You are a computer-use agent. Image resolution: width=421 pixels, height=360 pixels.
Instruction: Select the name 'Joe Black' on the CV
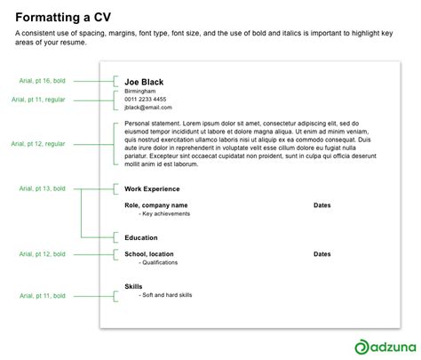click(x=144, y=82)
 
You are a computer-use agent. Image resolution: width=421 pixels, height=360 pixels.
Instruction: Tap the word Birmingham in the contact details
click(x=140, y=92)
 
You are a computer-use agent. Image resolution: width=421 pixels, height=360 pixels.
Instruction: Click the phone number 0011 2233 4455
click(x=145, y=100)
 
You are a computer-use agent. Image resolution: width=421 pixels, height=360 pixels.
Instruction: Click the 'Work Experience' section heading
click(x=152, y=189)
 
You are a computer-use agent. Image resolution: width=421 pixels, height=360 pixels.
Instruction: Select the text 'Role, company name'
click(x=159, y=205)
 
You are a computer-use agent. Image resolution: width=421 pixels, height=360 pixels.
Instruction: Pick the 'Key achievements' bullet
click(x=166, y=214)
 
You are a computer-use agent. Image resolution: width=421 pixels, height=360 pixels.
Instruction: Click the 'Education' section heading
click(x=141, y=238)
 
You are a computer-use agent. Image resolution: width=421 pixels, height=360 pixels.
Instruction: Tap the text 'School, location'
click(x=155, y=254)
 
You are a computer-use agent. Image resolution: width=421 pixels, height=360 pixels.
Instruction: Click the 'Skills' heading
click(x=134, y=286)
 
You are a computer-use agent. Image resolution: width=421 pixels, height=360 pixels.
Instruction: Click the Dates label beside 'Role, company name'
click(x=322, y=205)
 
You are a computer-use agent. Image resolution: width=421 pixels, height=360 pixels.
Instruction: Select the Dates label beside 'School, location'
click(x=322, y=254)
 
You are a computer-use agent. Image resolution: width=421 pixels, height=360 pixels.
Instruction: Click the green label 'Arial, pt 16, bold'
click(x=43, y=81)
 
